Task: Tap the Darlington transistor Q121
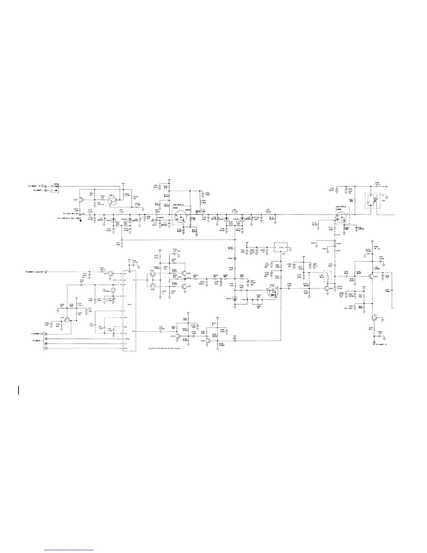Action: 112,200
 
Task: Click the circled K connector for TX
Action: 45,186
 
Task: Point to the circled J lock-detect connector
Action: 45,272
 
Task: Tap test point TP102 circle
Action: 234,259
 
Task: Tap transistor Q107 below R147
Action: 208,339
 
